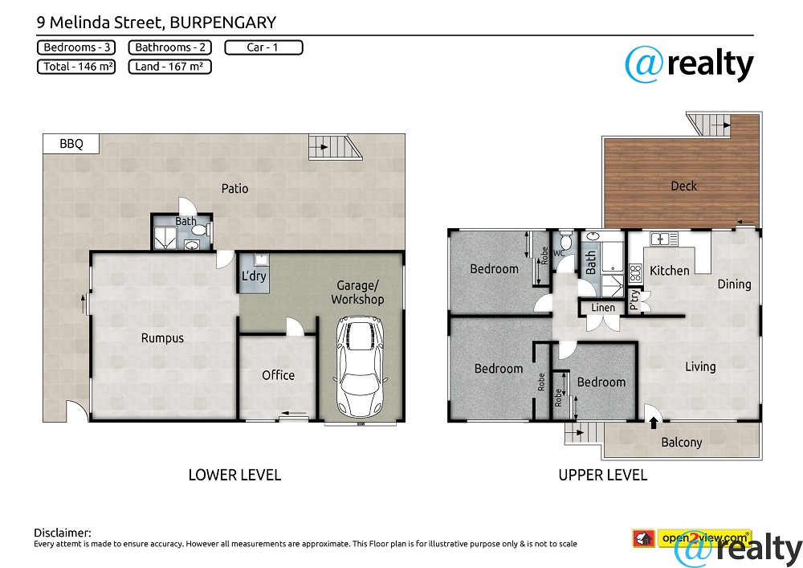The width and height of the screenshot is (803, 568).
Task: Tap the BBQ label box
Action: click(x=71, y=144)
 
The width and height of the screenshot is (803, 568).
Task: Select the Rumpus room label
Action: click(x=162, y=338)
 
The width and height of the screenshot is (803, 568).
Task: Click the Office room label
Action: click(x=278, y=375)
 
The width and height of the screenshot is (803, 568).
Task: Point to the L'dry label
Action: click(x=254, y=276)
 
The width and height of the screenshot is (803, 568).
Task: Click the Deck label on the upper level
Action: click(x=683, y=186)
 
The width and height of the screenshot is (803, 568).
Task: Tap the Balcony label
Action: click(x=681, y=443)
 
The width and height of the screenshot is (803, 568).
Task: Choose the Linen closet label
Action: click(x=603, y=308)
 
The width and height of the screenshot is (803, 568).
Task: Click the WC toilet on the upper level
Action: click(x=565, y=240)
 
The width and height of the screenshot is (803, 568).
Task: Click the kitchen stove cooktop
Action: click(x=635, y=272)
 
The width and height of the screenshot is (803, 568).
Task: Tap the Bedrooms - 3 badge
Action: click(x=76, y=47)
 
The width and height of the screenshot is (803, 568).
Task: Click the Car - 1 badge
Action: click(x=263, y=47)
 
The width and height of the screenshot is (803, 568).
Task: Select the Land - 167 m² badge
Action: click(x=169, y=67)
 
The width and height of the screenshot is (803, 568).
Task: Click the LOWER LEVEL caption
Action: click(x=234, y=475)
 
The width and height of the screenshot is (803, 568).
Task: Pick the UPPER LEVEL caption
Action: click(x=603, y=475)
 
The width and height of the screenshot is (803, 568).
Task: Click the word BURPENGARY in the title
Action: click(x=222, y=22)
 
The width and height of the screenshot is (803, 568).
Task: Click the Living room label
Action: click(x=700, y=366)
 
